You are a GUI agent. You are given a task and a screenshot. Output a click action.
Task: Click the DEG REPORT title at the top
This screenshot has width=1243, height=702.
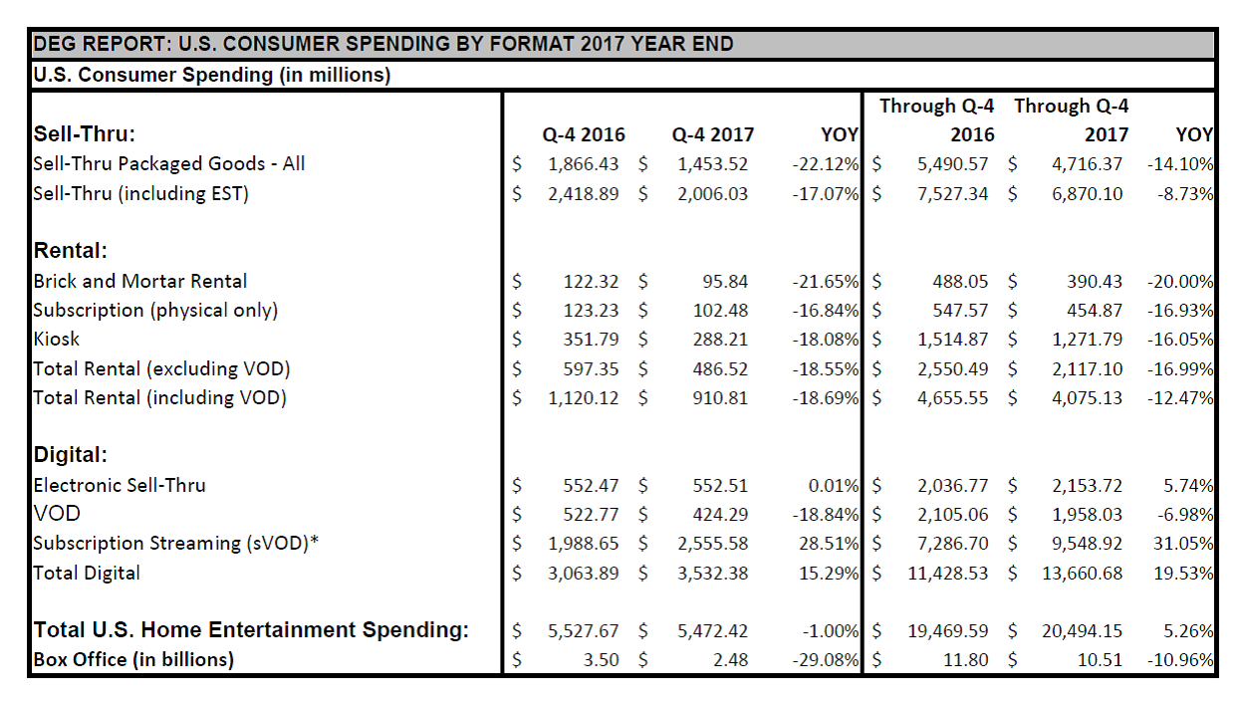383,44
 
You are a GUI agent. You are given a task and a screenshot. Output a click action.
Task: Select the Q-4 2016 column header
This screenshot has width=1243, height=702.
584,134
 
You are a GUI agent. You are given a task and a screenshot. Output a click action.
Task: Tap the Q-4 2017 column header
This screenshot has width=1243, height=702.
712,134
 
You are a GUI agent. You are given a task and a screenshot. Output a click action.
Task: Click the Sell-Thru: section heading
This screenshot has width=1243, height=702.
84,134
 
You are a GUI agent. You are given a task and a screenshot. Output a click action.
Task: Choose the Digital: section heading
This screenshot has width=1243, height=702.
70,455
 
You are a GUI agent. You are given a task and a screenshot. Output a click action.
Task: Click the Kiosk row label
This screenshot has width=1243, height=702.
57,339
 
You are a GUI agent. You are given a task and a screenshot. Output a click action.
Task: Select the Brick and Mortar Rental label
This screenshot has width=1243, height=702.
140,281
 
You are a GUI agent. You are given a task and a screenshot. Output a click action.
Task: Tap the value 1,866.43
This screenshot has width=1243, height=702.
583,164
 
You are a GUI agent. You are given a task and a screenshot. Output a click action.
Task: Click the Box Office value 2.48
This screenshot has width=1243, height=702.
730,659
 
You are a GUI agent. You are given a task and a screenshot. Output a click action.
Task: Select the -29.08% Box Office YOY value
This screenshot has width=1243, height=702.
826,659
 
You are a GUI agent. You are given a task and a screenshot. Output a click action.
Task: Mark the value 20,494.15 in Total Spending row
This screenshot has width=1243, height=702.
1081,630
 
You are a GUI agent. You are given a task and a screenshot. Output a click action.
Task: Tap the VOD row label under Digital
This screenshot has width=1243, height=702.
57,514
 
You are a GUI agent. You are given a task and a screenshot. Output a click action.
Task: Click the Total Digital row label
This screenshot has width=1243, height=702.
87,573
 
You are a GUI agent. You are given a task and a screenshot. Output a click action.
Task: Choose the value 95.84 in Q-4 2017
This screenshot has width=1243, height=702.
725,281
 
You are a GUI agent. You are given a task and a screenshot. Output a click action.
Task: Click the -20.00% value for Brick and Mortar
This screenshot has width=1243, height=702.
1180,281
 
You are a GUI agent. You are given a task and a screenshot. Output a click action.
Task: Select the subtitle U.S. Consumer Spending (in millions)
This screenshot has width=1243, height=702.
211,75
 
